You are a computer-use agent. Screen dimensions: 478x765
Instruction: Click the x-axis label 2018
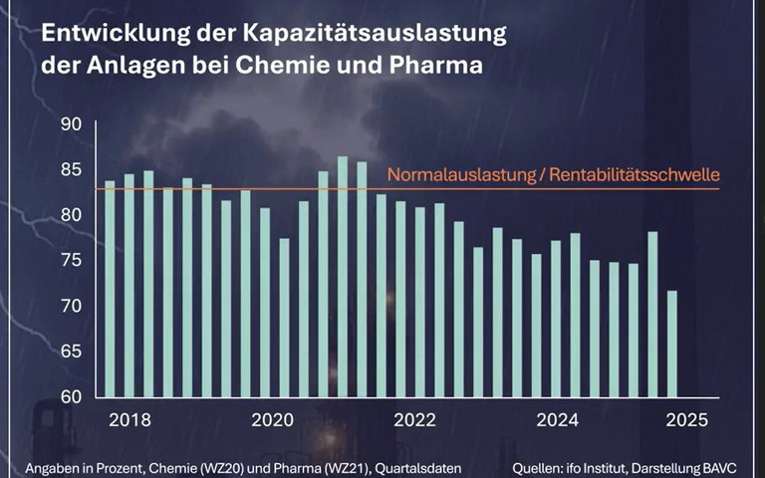[x=130, y=419]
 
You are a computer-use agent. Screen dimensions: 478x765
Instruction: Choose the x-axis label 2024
[x=557, y=419]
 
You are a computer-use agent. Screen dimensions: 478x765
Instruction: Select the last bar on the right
[x=672, y=344]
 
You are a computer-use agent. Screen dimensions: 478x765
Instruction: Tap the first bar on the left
[x=110, y=289]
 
